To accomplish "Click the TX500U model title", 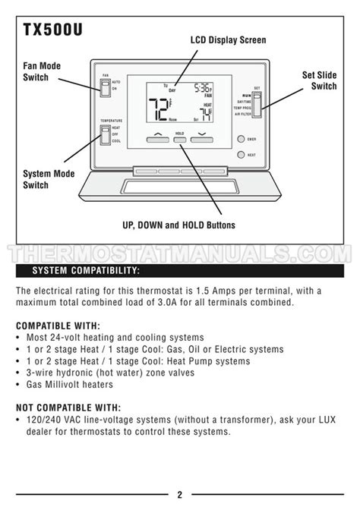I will coord(52,30).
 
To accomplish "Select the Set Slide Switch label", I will coord(319,80).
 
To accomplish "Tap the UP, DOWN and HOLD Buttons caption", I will coord(178,225).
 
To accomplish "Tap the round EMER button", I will coord(241,140).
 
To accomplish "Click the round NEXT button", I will coord(241,154).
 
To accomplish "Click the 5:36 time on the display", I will coord(203,87).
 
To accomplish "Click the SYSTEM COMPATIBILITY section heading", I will coord(85,271).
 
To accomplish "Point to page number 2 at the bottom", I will coord(180,495).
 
